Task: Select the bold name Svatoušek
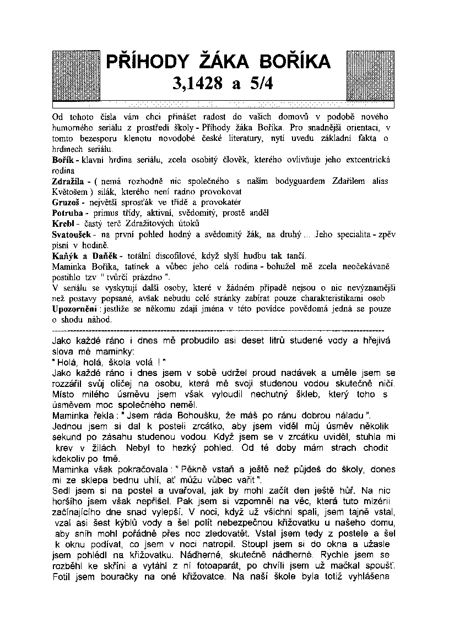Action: click(71, 233)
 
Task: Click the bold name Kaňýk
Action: click(64, 255)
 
